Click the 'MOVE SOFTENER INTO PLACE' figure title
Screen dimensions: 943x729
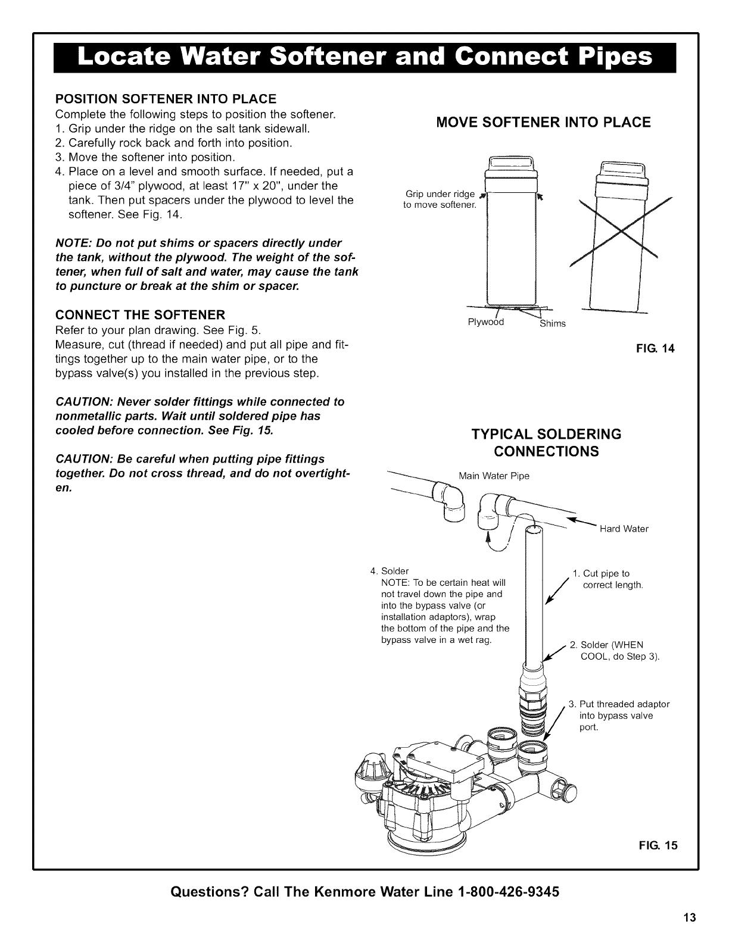pyautogui.click(x=544, y=123)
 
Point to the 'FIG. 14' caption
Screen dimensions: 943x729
pyautogui.click(x=658, y=349)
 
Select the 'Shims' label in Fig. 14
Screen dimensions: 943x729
pyautogui.click(x=552, y=324)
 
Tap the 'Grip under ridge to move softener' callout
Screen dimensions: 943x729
pyautogui.click(x=440, y=199)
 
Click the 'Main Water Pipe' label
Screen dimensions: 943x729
pyautogui.click(x=494, y=476)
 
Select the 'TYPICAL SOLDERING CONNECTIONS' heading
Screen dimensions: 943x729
pyautogui.click(x=546, y=442)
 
